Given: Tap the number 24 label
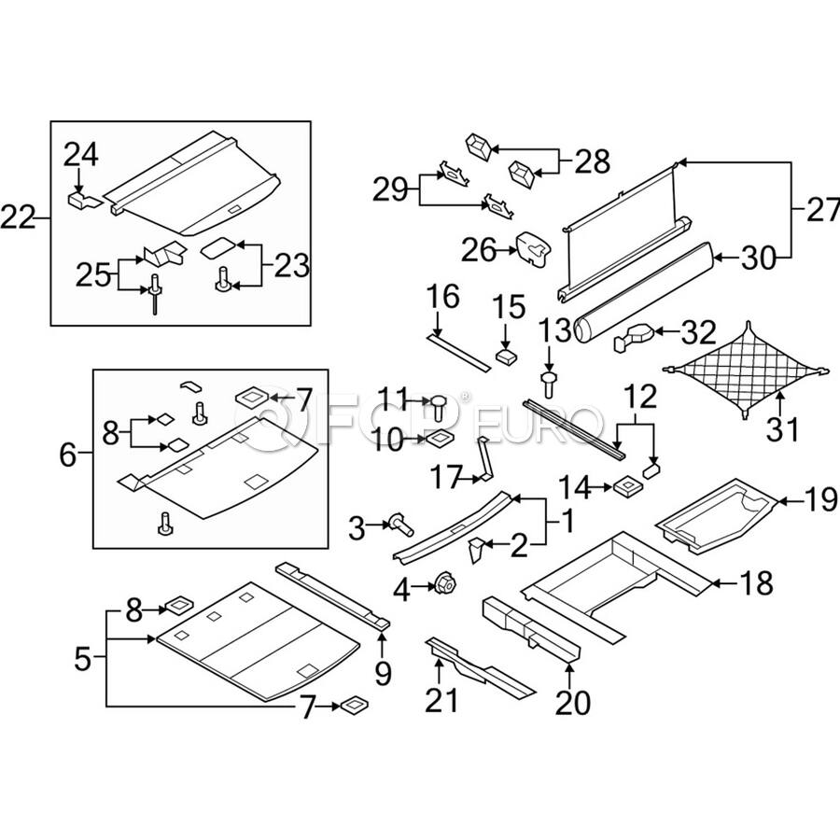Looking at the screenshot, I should coord(81,154).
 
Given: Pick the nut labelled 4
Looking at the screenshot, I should coord(442,585).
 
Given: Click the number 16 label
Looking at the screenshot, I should coord(443,298).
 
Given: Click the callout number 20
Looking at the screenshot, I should coord(573,701).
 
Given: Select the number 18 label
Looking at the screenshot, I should coord(757,584).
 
